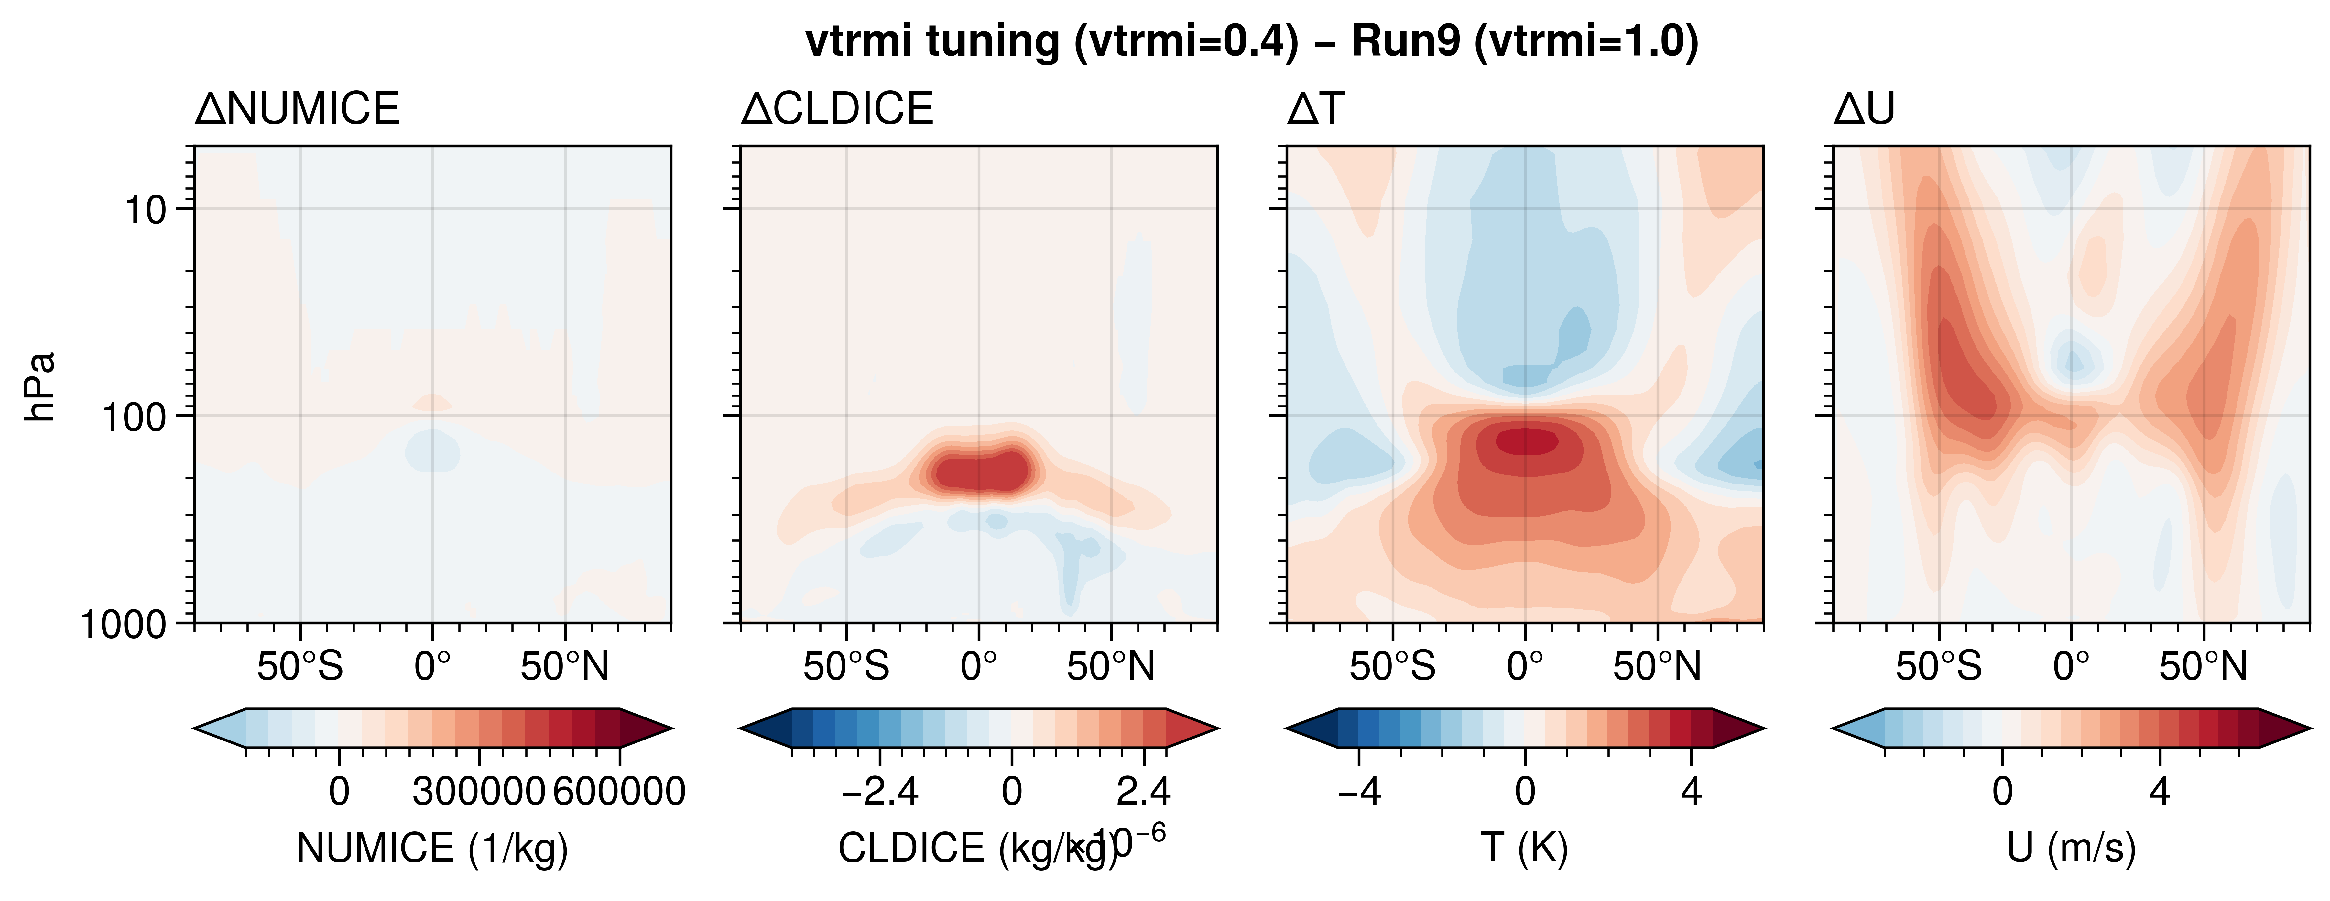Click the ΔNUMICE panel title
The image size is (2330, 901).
[297, 109]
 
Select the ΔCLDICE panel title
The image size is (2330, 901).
[837, 109]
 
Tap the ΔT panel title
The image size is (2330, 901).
[1316, 109]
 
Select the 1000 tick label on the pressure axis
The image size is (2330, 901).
[124, 624]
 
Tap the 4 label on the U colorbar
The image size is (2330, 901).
[2160, 792]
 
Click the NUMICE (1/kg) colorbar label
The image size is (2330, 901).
[432, 849]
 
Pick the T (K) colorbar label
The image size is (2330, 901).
[1525, 849]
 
